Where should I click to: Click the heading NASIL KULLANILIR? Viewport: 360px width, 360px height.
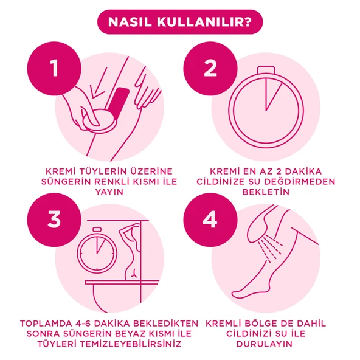point(180,22)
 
